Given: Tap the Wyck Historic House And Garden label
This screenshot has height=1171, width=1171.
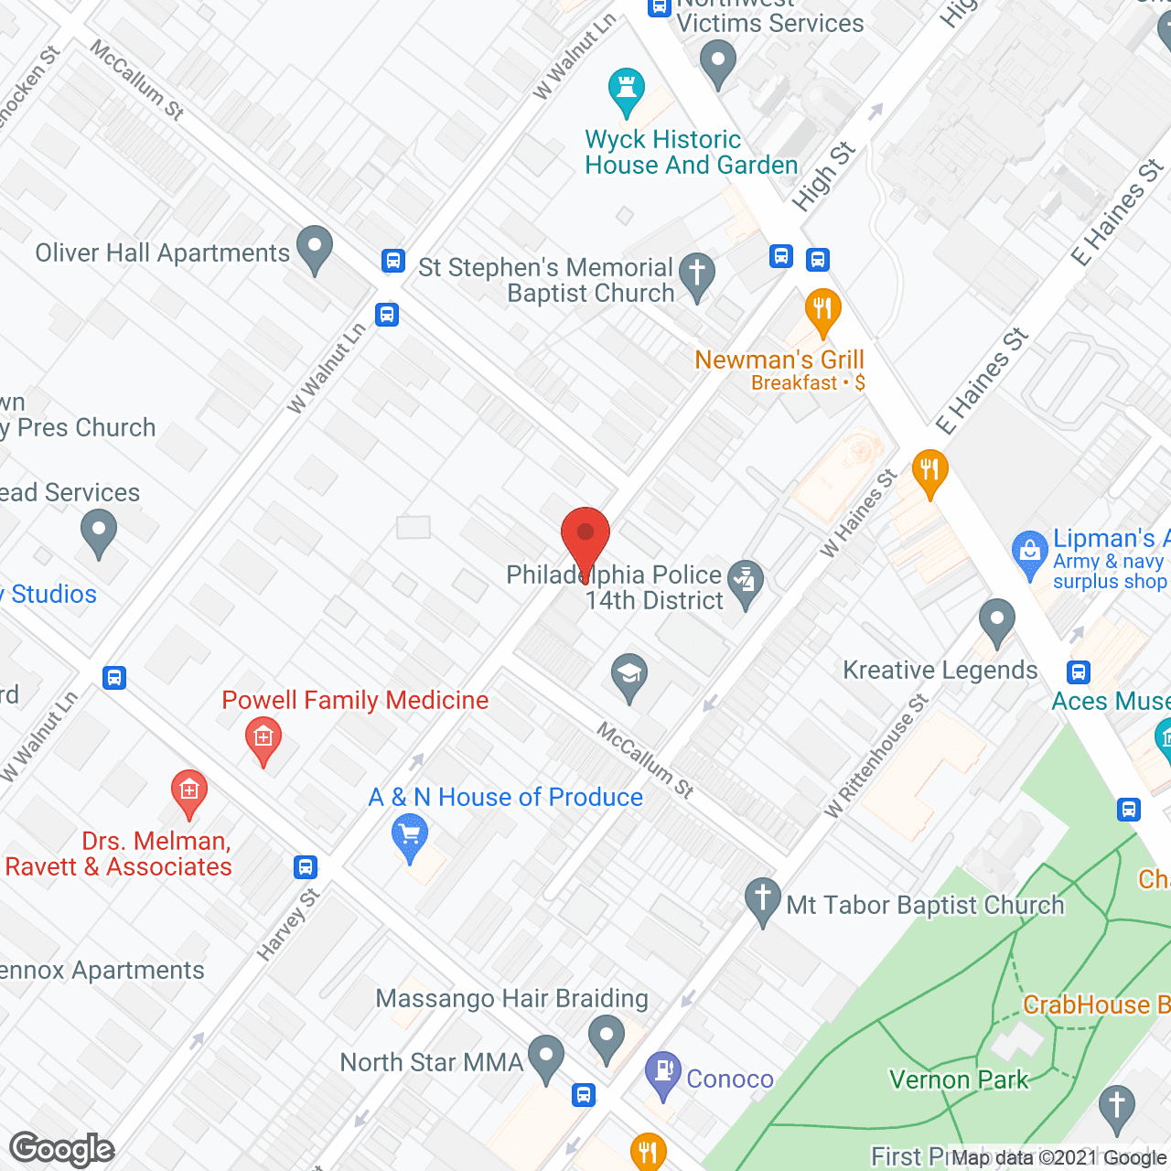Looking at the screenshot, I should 691,153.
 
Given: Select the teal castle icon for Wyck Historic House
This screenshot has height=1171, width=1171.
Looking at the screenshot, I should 627,91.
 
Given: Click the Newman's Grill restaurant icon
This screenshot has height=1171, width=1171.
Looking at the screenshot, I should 822,311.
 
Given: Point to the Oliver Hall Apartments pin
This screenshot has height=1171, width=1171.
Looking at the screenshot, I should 315,249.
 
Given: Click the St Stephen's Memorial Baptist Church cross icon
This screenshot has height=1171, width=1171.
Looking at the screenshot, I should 697,275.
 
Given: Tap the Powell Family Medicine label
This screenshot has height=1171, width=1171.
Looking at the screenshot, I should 355,701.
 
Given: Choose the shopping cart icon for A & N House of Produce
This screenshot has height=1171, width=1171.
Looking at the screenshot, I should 410,837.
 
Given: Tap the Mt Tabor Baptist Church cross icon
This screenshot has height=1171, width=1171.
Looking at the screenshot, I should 762,900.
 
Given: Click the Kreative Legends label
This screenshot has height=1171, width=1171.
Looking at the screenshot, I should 940,671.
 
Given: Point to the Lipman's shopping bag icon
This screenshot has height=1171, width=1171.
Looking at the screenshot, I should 1030,553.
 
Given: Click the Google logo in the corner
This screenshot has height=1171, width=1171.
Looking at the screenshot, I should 62,1149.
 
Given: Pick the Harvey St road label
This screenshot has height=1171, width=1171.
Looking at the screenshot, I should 288,924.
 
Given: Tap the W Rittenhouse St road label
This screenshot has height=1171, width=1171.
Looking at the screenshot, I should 876,756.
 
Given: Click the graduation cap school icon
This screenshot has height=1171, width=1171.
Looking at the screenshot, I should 629,677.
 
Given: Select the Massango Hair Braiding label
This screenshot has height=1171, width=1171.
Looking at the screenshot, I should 512,998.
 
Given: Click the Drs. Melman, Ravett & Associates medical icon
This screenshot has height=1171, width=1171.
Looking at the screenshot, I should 189,792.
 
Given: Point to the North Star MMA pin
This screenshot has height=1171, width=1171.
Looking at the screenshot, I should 546,1058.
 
